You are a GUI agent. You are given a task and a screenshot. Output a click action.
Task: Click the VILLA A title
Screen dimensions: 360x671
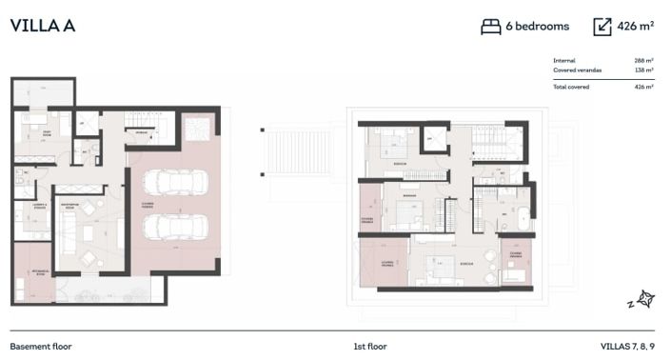pyautogui.click(x=43, y=26)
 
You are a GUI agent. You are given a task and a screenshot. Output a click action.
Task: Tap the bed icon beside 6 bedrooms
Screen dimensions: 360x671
pyautogui.click(x=491, y=27)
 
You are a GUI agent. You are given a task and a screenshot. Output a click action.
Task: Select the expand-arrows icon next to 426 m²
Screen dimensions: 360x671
pyautogui.click(x=602, y=27)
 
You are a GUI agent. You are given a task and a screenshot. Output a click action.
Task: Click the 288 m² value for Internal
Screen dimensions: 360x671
pyautogui.click(x=643, y=61)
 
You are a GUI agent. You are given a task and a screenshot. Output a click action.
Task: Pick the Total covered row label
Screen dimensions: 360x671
pyautogui.click(x=571, y=87)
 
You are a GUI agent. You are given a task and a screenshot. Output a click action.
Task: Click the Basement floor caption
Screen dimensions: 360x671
pyautogui.click(x=41, y=346)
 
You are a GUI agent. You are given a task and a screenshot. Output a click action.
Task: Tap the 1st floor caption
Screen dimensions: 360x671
pyautogui.click(x=369, y=346)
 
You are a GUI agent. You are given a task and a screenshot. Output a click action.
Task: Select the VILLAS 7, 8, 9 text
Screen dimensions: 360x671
pyautogui.click(x=627, y=346)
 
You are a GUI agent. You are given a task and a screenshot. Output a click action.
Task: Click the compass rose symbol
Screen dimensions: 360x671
pyautogui.click(x=645, y=300)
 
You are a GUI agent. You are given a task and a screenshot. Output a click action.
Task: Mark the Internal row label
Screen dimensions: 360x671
pyautogui.click(x=564, y=61)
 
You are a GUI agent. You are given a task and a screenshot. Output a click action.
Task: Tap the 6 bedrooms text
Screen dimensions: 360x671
pyautogui.click(x=538, y=27)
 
